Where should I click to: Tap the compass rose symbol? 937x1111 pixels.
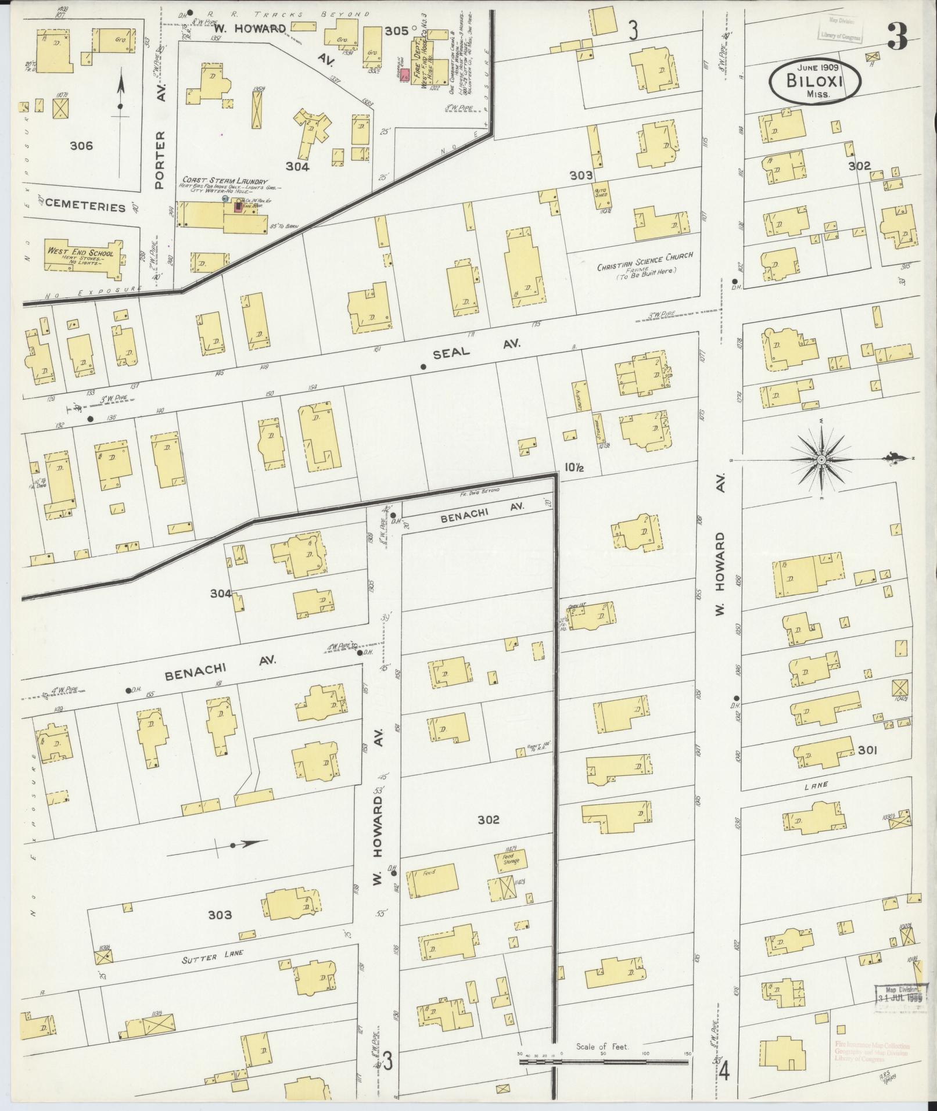pyautogui.click(x=821, y=460)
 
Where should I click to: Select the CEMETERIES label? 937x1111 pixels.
pyautogui.click(x=85, y=207)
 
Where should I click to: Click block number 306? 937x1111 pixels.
pyautogui.click(x=81, y=146)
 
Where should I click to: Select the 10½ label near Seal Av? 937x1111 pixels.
pyautogui.click(x=573, y=468)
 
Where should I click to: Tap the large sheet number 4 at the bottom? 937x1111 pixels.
pyautogui.click(x=723, y=1072)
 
